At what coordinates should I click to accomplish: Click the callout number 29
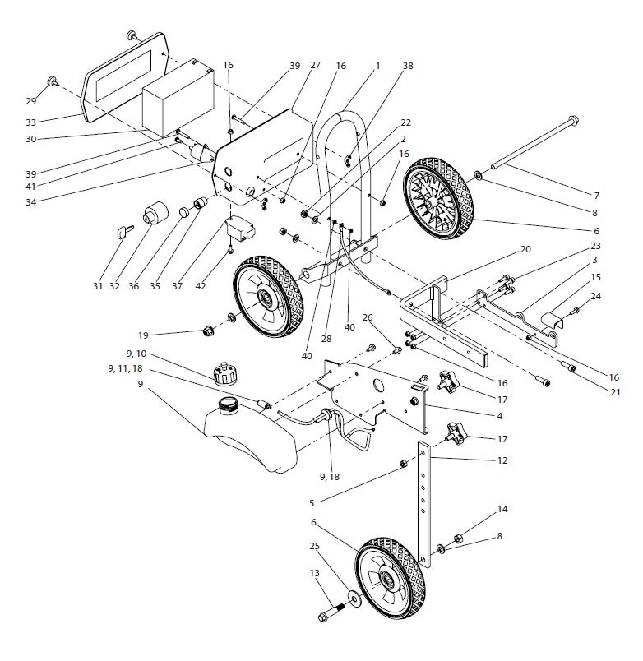[30, 101]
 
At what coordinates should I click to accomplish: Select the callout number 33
[30, 122]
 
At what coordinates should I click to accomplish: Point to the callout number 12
[502, 460]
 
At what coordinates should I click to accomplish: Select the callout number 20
[525, 249]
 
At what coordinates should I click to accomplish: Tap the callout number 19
[144, 335]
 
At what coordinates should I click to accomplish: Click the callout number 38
[408, 65]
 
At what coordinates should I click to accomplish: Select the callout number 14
[502, 510]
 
